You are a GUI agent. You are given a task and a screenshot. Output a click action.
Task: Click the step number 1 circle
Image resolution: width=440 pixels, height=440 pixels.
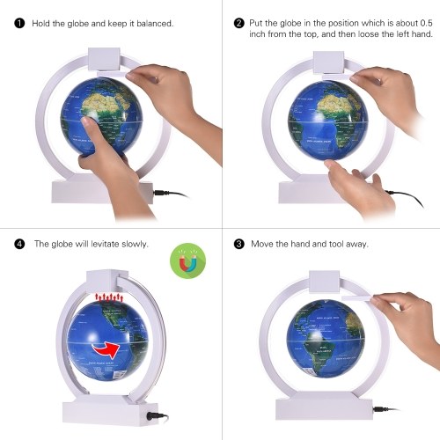tap(19, 23)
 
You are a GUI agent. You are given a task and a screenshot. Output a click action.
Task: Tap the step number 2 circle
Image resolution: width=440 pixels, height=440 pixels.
tap(239, 23)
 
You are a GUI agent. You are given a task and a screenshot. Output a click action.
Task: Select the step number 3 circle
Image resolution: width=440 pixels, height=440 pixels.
tap(239, 244)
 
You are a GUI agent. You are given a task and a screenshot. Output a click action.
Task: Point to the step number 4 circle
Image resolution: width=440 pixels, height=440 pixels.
tap(19, 244)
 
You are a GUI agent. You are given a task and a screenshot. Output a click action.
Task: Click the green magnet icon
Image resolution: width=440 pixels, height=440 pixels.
tap(187, 260)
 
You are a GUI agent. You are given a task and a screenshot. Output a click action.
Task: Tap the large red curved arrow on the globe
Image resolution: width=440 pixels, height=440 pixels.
tap(106, 349)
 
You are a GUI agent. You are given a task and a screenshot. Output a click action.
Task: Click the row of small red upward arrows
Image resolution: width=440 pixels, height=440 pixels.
tap(109, 297)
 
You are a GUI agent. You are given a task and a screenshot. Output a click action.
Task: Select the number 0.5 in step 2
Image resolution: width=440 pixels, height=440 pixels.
tap(426, 23)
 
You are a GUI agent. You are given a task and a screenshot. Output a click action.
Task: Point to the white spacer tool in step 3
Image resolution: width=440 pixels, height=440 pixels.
tap(357, 298)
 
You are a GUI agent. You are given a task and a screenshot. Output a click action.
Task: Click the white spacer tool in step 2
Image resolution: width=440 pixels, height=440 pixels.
tap(337, 77)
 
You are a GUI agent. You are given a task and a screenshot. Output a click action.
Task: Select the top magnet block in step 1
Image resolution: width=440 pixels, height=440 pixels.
tap(104, 59)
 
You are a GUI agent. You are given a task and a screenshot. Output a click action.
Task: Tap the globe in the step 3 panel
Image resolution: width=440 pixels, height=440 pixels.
tap(326, 338)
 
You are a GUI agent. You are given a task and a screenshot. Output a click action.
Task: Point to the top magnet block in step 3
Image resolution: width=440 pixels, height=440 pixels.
tap(325, 282)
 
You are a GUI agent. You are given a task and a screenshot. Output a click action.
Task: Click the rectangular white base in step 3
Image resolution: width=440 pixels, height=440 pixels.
tap(324, 406)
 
